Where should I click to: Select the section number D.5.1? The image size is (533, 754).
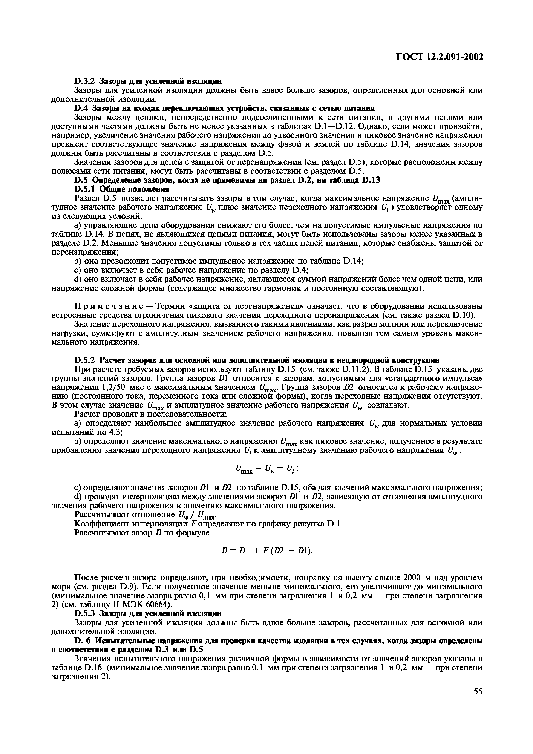point(85,189)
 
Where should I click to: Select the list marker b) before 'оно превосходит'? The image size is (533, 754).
point(78,261)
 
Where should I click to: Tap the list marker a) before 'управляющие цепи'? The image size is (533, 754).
point(78,225)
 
